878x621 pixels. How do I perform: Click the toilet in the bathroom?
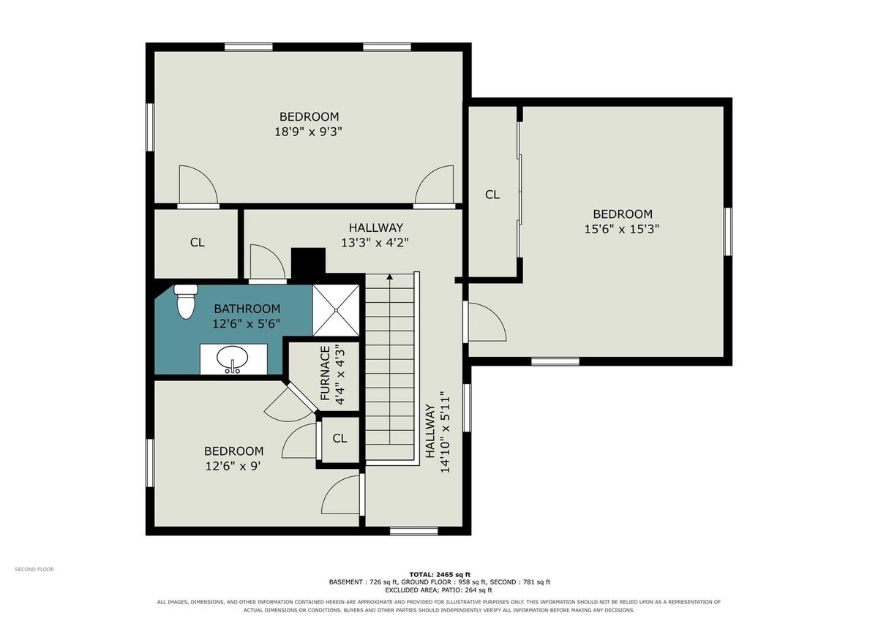tap(186, 301)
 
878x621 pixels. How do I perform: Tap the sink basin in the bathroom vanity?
tap(232, 358)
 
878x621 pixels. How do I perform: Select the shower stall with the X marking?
tap(336, 310)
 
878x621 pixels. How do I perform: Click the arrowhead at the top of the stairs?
tap(389, 276)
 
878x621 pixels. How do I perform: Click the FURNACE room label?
tap(325, 373)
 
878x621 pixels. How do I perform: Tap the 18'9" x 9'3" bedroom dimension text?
tap(309, 132)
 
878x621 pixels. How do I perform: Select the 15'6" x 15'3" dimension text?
tap(622, 229)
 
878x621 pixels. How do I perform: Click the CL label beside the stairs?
tap(339, 438)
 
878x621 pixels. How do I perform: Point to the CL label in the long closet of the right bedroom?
tap(492, 195)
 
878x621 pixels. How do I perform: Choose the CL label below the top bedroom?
tap(197, 243)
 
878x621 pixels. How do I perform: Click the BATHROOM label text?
tap(247, 309)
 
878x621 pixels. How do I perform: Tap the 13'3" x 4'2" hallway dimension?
tap(375, 243)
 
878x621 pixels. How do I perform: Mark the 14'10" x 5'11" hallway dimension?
tap(445, 432)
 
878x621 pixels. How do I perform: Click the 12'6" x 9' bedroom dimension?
tap(233, 466)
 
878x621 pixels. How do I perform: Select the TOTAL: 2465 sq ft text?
tap(440, 575)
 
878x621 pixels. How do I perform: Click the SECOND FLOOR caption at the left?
tap(34, 569)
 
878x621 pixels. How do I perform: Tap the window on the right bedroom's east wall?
tap(728, 232)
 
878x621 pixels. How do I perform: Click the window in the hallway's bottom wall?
tap(414, 531)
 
